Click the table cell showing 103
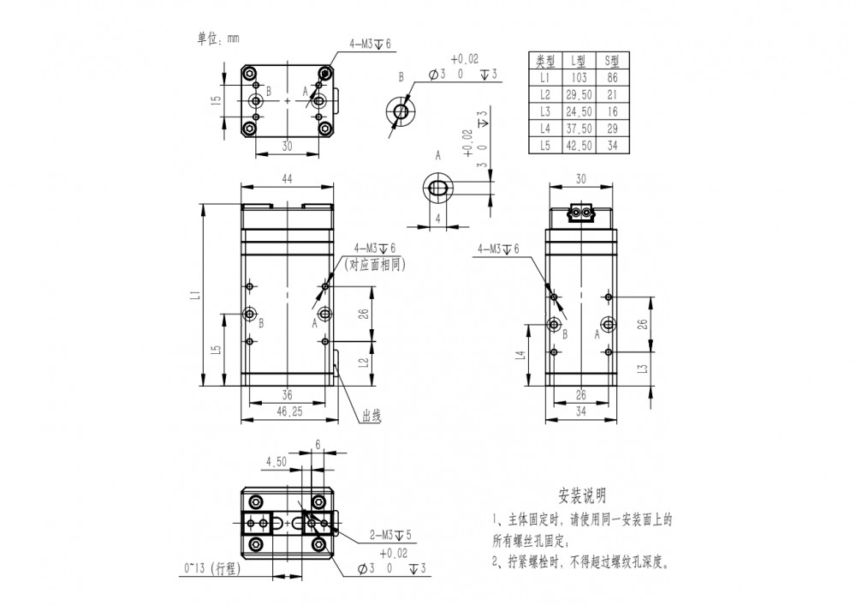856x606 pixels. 579,78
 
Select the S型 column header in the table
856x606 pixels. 612,61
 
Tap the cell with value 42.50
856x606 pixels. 579,146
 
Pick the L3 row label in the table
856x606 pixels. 544,111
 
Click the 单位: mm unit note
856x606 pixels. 218,39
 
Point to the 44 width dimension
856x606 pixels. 287,178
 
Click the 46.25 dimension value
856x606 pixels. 289,411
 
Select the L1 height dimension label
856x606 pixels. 196,295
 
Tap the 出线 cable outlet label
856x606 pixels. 372,417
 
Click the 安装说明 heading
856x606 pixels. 582,496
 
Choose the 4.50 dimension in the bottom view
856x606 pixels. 276,462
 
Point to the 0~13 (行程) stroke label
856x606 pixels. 211,568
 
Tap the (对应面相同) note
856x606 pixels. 375,265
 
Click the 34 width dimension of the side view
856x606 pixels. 581,411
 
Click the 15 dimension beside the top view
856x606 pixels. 217,100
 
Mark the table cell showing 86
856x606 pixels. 612,78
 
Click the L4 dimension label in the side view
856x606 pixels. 521,355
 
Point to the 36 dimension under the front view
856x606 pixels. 287,394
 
